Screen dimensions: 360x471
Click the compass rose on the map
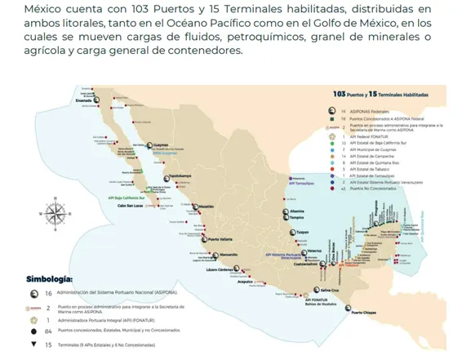click(x=56, y=214)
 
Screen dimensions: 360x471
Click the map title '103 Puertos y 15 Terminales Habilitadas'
click(x=376, y=96)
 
